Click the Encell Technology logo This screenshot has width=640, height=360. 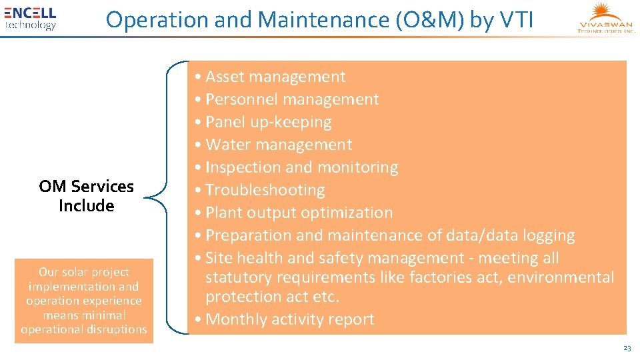30,18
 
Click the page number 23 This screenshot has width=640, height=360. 626,348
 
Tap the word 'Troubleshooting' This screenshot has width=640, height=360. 265,190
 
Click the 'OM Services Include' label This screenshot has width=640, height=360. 86,196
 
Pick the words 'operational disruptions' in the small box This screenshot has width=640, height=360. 84,329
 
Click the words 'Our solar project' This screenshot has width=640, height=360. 84,272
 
